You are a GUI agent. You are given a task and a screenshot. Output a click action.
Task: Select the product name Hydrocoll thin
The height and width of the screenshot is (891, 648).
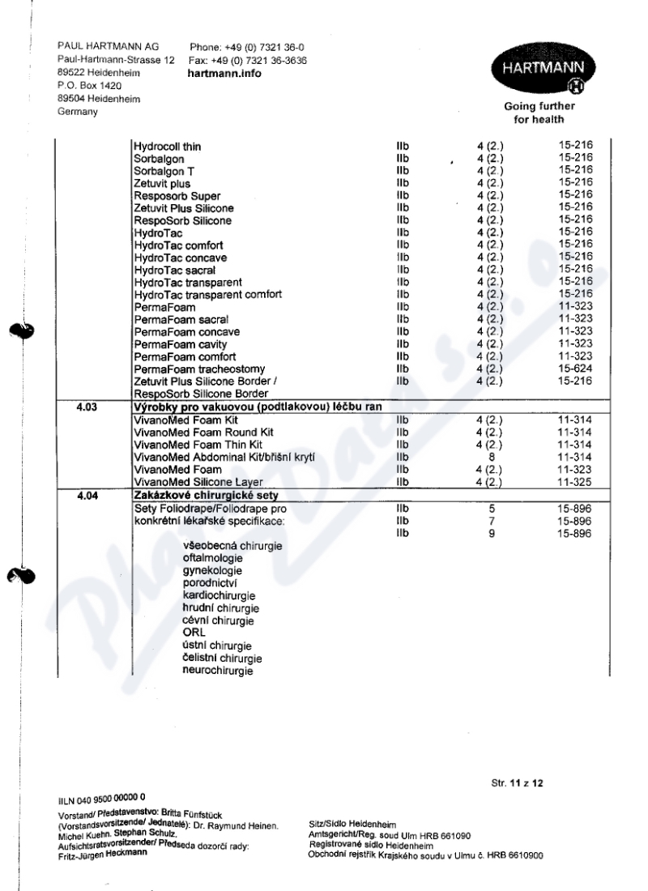pyautogui.click(x=168, y=147)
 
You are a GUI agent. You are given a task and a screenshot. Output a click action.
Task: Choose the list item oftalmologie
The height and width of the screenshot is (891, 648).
pyautogui.click(x=214, y=560)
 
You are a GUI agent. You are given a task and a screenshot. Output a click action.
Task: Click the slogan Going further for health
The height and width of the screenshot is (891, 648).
pyautogui.click(x=539, y=113)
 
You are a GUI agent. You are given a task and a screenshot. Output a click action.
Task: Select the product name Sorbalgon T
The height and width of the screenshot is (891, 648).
pyautogui.click(x=164, y=172)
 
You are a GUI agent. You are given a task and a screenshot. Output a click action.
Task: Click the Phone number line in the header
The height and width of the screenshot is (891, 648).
pyautogui.click(x=246, y=47)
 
